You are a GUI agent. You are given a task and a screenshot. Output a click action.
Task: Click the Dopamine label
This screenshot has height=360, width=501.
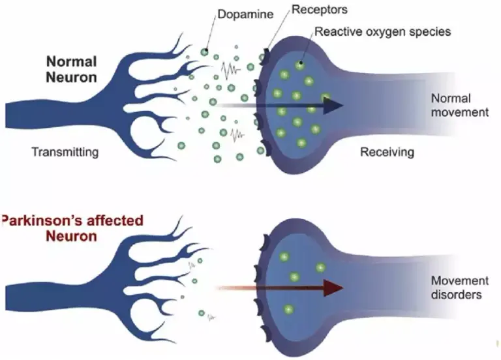click(245, 14)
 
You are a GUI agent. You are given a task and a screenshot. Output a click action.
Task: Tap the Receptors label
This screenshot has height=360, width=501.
click(320, 10)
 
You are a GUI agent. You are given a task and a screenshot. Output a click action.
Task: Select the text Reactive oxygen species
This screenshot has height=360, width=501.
click(383, 31)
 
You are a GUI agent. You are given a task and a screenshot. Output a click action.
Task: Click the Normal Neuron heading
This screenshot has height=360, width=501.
click(71, 69)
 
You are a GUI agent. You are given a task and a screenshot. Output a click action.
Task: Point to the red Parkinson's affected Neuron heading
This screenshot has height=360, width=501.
click(72, 228)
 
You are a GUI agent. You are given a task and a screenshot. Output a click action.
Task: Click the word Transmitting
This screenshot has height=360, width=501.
click(65, 152)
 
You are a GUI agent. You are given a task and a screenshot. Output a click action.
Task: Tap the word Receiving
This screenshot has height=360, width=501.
click(387, 152)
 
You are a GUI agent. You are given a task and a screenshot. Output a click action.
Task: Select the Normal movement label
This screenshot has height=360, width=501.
click(460, 105)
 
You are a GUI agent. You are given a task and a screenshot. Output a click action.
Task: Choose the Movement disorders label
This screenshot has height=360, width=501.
click(460, 287)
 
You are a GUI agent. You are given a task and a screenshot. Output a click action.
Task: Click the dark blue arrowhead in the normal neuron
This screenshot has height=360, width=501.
click(332, 106)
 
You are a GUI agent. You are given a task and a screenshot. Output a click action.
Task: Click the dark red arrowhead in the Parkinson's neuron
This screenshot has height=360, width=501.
click(332, 288)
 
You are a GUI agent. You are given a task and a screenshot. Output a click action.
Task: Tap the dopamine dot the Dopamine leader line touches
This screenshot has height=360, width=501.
click(204, 52)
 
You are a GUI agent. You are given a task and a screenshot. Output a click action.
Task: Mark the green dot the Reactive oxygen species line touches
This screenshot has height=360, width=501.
click(299, 65)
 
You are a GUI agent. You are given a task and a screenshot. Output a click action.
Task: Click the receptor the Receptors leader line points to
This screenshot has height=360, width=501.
click(265, 57)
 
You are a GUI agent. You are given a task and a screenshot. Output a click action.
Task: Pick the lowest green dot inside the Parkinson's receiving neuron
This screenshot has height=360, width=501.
click(288, 309)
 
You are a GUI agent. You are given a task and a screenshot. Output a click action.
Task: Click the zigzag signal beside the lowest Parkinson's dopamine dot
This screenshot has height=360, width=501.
click(211, 318)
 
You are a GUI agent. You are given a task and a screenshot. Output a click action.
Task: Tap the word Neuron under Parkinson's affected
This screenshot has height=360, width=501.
click(71, 236)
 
